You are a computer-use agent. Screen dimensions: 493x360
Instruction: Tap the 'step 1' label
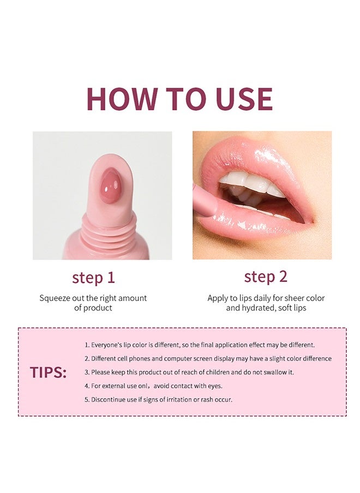[x=93, y=278]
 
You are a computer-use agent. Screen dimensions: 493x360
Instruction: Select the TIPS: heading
[x=48, y=372]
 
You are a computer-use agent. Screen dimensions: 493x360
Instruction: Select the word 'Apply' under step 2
[x=218, y=298]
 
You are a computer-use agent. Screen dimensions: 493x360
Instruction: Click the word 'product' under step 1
[x=98, y=308]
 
